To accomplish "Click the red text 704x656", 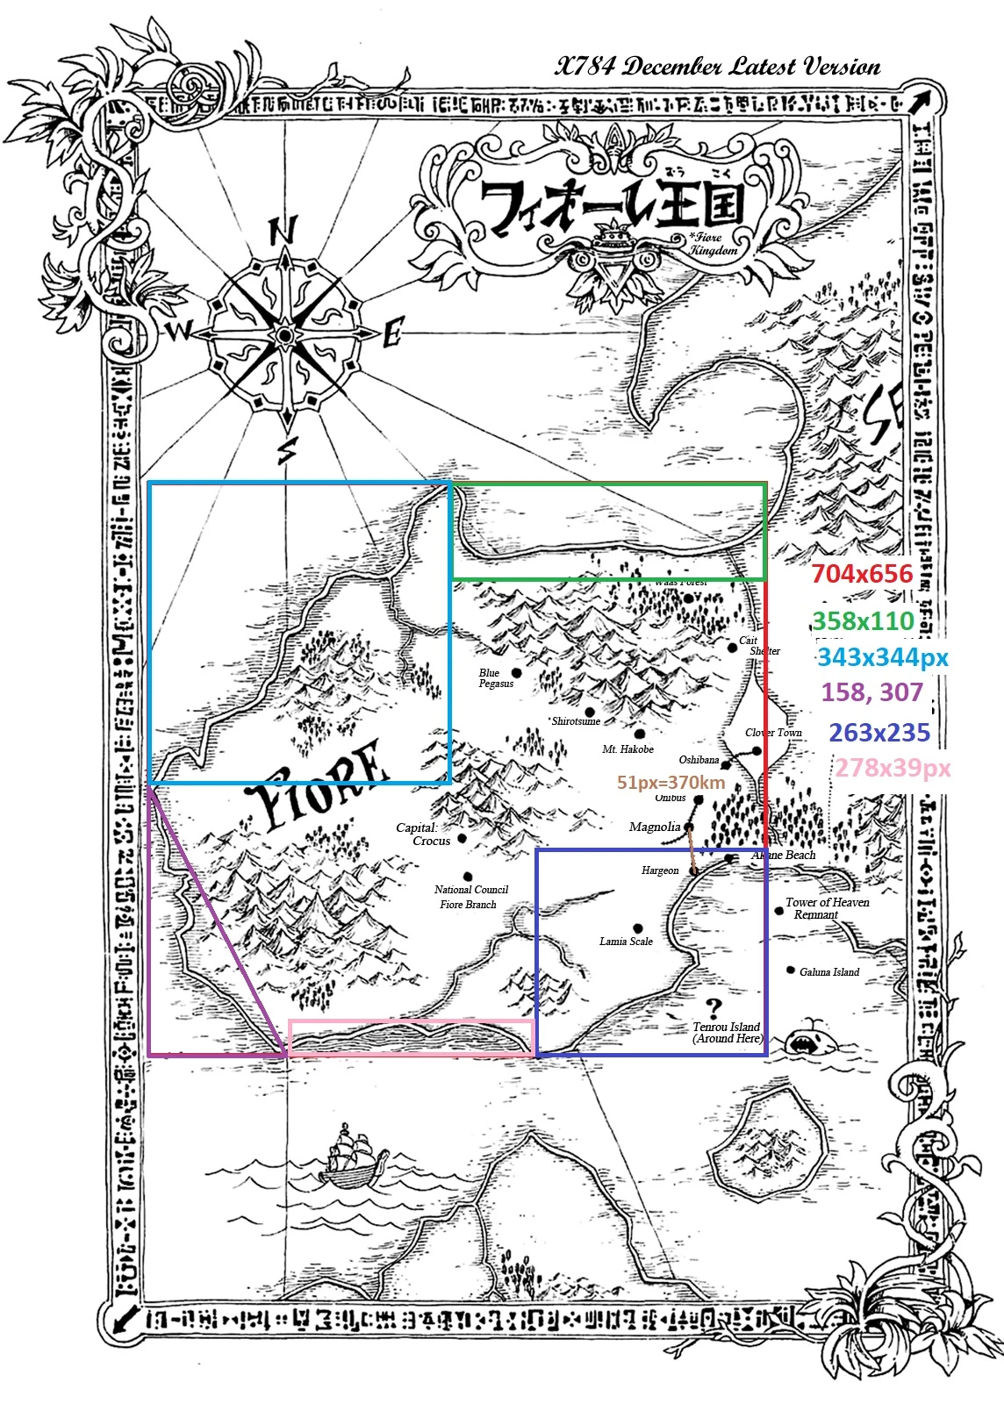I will tap(862, 574).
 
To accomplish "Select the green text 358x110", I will tap(864, 621).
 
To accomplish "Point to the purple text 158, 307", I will tap(872, 692).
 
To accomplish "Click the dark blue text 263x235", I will tap(879, 733).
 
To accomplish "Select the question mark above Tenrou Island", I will tap(714, 1008).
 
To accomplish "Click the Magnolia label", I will tap(655, 827).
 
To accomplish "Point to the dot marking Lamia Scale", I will tap(638, 928).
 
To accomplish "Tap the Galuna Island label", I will tap(829, 972).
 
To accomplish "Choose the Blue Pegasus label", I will tap(495, 678).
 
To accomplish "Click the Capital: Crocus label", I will tap(423, 835).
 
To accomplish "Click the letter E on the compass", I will tap(392, 334).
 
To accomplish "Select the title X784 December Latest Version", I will tap(717, 67).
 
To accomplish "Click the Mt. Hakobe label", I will tap(627, 749).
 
